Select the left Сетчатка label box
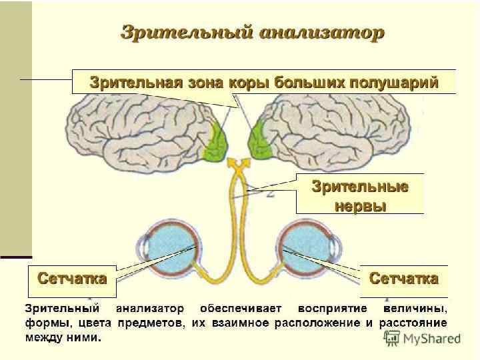(x=72, y=279)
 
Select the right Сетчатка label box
(x=403, y=279)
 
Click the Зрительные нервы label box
(x=360, y=195)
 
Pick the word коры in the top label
(x=252, y=83)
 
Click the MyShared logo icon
(x=391, y=338)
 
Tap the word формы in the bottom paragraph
(x=44, y=323)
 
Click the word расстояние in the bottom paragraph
(x=413, y=323)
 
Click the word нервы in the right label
(x=360, y=205)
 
